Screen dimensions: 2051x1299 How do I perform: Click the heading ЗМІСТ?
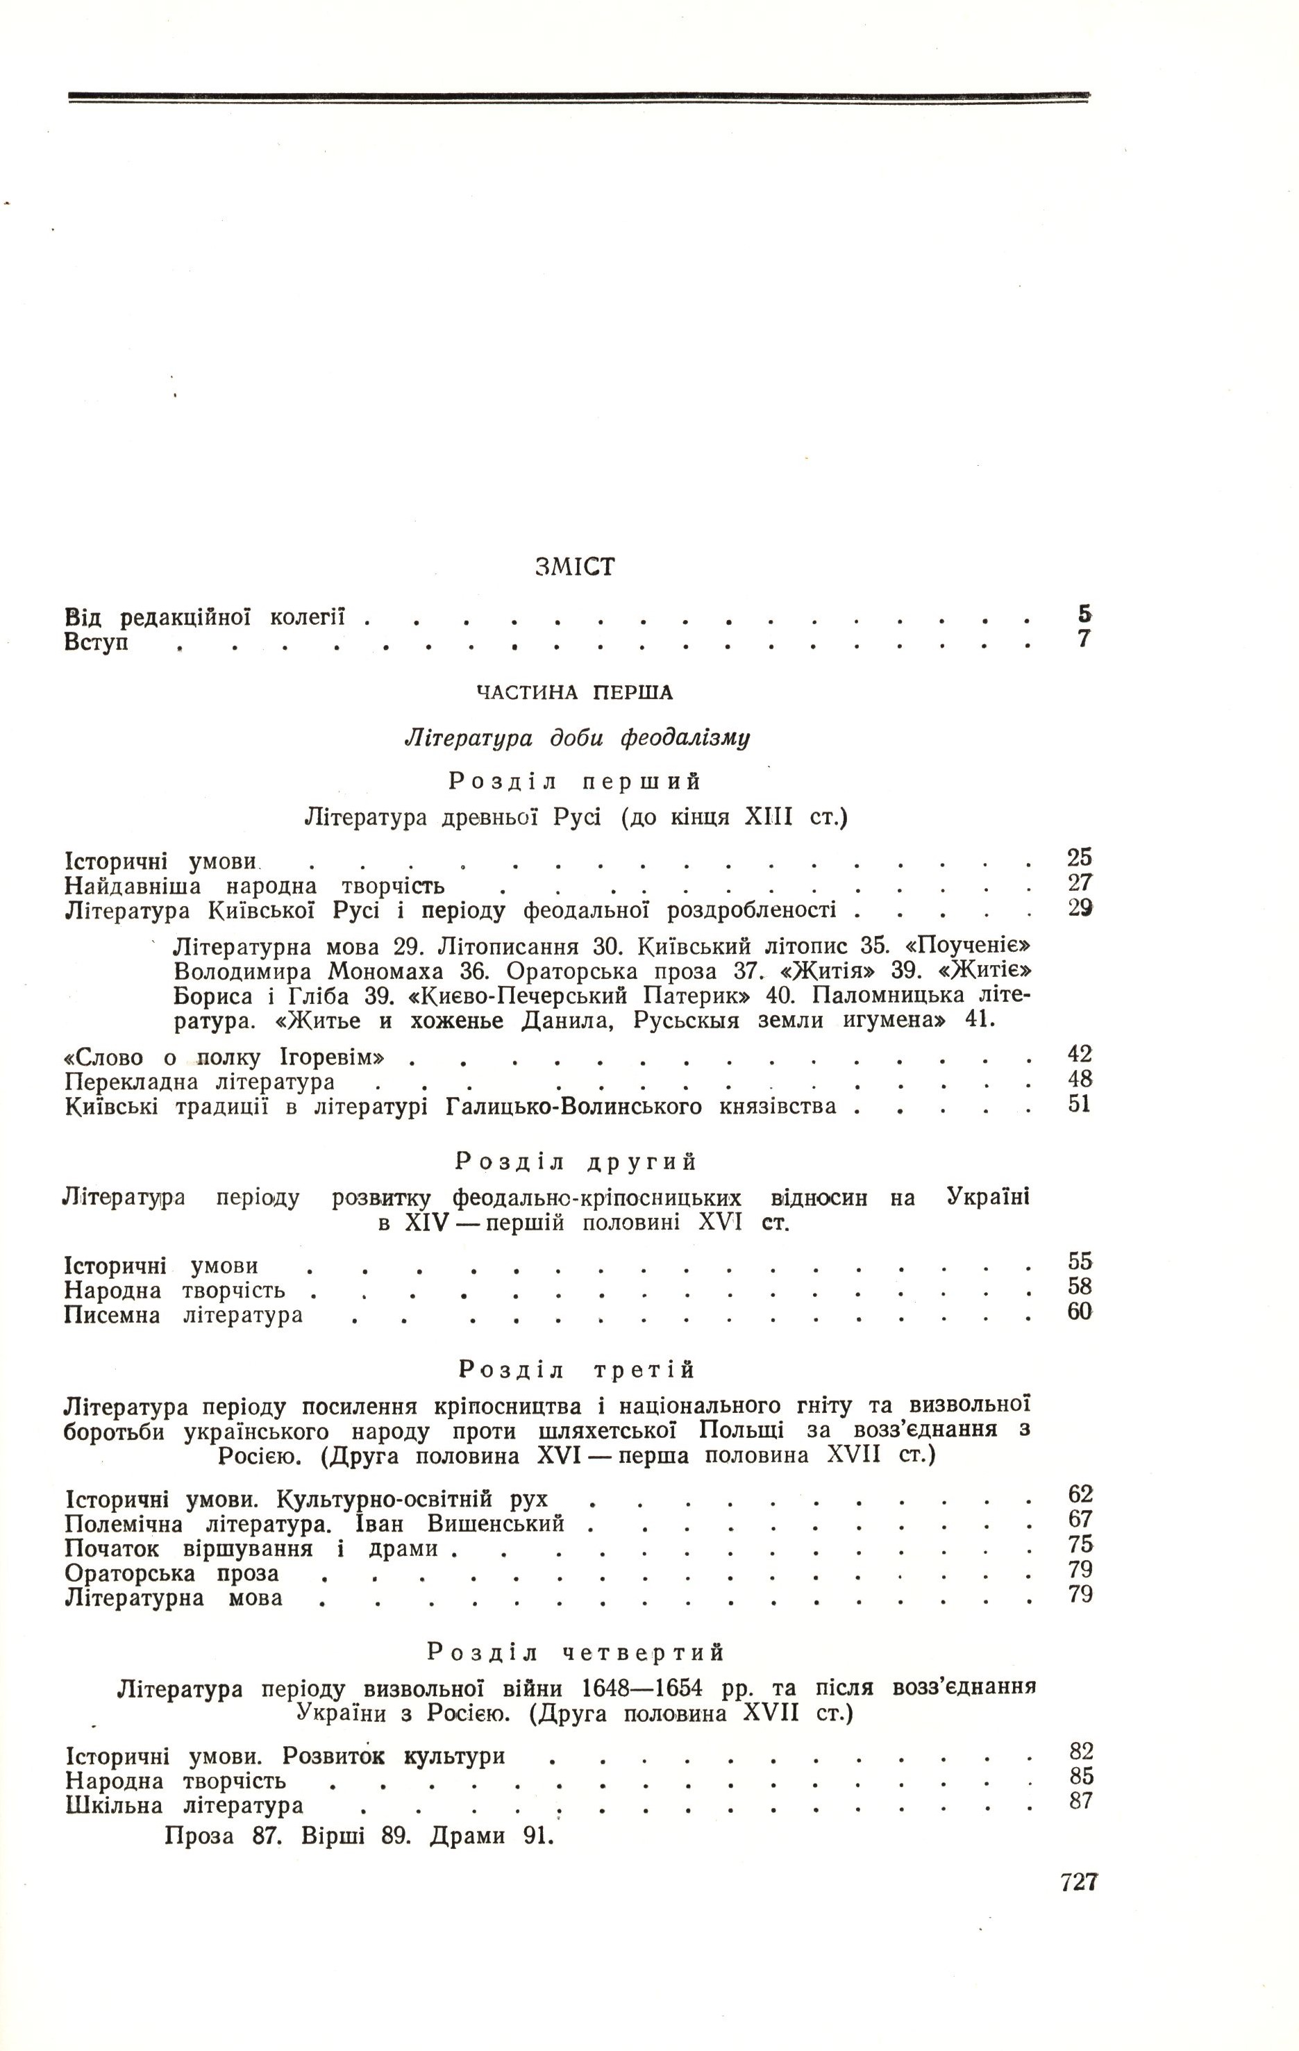coord(575,567)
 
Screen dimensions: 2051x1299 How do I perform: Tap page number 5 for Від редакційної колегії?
coord(1084,613)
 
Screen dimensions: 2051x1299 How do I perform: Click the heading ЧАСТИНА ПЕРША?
coord(574,692)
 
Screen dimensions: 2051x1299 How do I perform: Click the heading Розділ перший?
coord(575,780)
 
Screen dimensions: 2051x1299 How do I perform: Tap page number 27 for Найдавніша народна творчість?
coord(1079,882)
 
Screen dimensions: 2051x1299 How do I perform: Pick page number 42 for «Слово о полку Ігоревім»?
coord(1079,1055)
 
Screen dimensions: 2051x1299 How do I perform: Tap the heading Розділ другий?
coord(577,1161)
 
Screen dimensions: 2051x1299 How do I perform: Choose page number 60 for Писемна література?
coord(1079,1312)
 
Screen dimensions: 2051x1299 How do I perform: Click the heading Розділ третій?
coord(577,1370)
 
